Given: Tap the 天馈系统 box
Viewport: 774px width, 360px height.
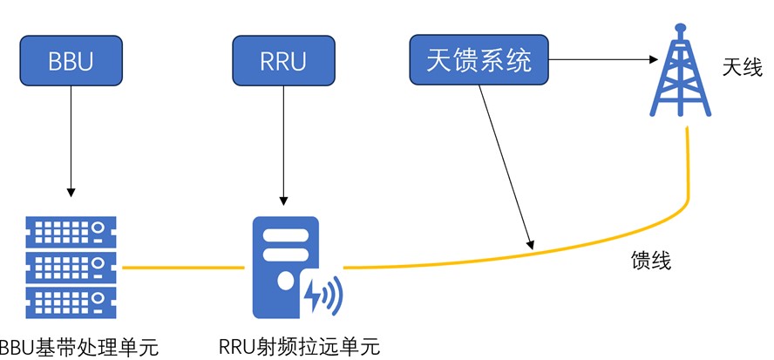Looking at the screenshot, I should point(479,61).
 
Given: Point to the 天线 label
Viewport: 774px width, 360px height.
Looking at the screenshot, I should point(743,67).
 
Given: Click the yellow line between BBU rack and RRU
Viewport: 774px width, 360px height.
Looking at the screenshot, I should point(182,268).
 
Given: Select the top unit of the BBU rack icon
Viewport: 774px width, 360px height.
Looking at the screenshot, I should point(71,231).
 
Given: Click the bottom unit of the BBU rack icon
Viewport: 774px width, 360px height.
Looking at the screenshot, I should point(71,302).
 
